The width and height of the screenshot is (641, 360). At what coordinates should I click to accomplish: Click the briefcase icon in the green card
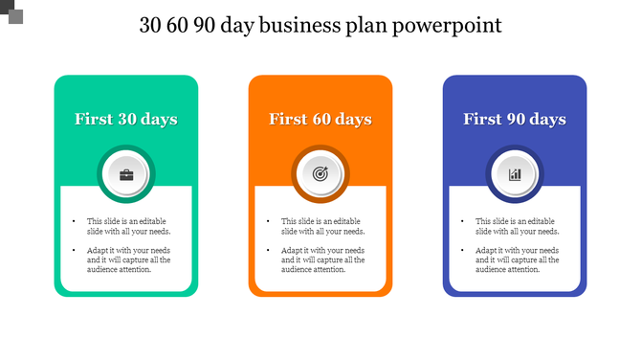(126, 174)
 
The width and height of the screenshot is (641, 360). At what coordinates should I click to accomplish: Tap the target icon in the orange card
(320, 174)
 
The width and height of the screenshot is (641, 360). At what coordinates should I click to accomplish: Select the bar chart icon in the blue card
(515, 174)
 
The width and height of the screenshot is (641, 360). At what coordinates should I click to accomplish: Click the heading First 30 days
(126, 120)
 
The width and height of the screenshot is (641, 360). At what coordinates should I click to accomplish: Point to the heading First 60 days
(320, 120)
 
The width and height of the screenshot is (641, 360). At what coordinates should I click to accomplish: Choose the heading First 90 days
(515, 120)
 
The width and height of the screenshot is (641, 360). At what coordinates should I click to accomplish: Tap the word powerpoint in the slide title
(454, 26)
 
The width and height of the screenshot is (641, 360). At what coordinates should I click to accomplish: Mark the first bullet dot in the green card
(74, 221)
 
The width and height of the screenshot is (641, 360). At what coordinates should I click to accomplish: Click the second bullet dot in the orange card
(268, 251)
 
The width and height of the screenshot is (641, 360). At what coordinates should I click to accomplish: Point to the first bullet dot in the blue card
(462, 221)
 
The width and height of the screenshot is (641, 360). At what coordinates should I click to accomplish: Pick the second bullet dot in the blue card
(462, 251)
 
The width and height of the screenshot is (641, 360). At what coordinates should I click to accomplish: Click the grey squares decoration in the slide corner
(11, 11)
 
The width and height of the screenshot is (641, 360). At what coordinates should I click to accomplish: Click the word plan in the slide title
(381, 26)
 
